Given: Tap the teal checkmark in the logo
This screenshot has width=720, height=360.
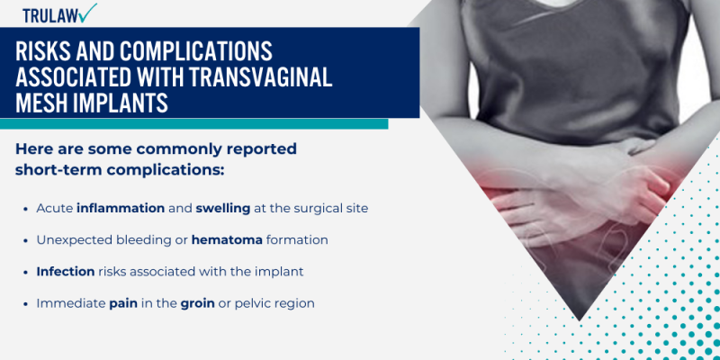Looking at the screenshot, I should [87, 12].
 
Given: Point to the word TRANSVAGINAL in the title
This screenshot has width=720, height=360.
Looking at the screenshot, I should [260, 77].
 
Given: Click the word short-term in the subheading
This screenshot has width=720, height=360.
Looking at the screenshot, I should [57, 169].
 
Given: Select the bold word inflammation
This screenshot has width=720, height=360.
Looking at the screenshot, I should [121, 208].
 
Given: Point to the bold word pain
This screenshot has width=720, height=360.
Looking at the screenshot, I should [123, 303].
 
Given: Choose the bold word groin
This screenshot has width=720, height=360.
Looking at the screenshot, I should [195, 303].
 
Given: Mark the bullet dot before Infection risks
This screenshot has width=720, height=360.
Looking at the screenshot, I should [25, 272].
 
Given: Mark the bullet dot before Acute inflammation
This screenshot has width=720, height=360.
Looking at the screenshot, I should [25, 209].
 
